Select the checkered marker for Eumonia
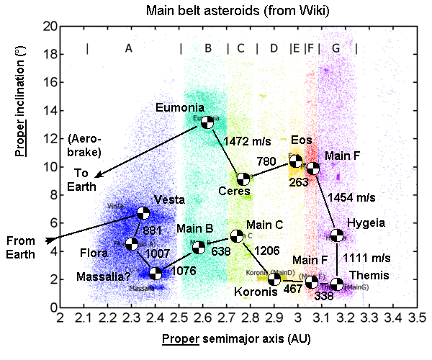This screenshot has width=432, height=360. [x=207, y=122]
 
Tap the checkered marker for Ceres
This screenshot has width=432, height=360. [x=243, y=179]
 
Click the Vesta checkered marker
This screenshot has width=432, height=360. [x=143, y=212]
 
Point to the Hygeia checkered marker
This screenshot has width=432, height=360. [x=336, y=235]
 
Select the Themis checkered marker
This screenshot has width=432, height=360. [x=336, y=284]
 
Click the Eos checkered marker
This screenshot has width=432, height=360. [x=295, y=161]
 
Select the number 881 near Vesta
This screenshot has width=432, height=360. [x=153, y=231]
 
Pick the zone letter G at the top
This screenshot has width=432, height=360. [x=336, y=48]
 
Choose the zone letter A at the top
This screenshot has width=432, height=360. [x=128, y=48]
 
